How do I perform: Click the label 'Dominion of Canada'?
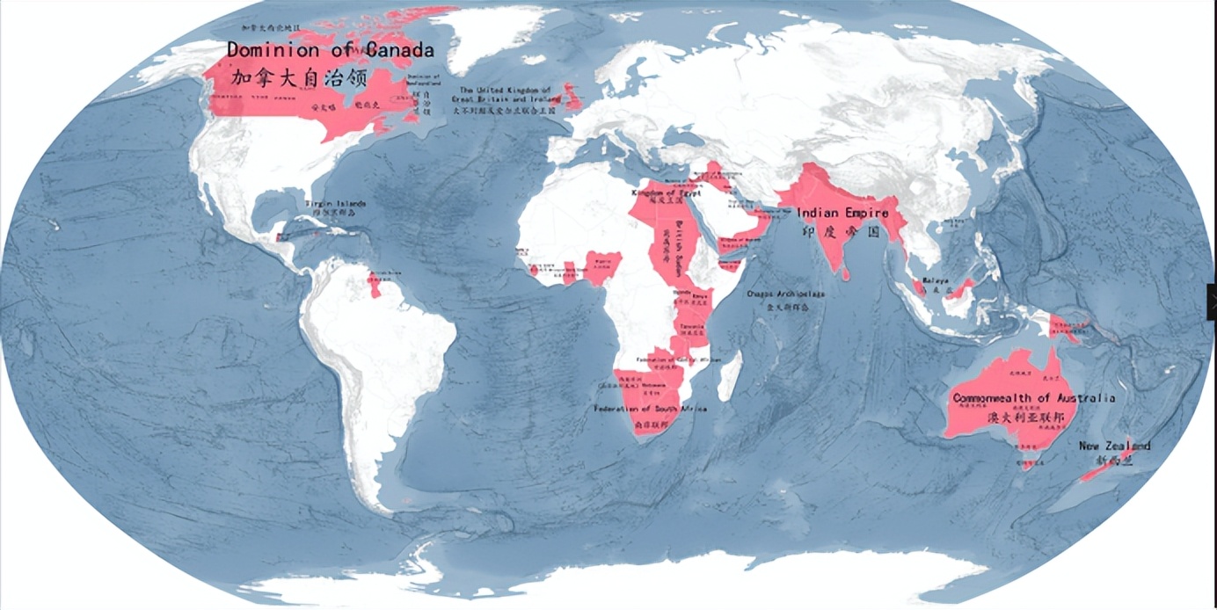pyautogui.click(x=330, y=49)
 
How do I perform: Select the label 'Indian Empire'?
pyautogui.click(x=842, y=213)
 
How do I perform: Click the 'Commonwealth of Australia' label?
pyautogui.click(x=1033, y=398)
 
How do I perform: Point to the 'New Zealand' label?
pyautogui.click(x=1114, y=446)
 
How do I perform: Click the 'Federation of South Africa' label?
pyautogui.click(x=650, y=409)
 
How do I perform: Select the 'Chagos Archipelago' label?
pyautogui.click(x=784, y=294)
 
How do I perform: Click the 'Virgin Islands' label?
pyautogui.click(x=335, y=203)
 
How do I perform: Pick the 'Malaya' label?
pyautogui.click(x=936, y=280)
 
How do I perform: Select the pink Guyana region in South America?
pyautogui.click(x=375, y=283)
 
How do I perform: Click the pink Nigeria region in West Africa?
pyautogui.click(x=603, y=268)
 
